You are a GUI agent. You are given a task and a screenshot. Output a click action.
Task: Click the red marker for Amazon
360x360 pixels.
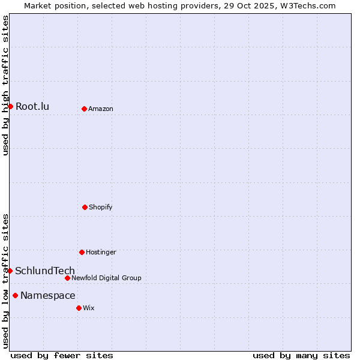[84, 109]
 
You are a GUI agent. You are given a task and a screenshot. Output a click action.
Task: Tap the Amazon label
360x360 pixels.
[101, 109]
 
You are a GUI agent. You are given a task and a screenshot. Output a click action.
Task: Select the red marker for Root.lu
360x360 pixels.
[10, 106]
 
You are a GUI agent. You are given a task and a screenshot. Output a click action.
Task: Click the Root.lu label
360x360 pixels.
[32, 107]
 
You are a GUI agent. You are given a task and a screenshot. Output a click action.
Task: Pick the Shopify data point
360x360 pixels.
[85, 207]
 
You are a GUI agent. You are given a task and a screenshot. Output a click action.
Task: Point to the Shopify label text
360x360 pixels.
[101, 208]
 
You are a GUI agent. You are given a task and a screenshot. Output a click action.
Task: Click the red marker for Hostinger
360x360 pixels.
[82, 252]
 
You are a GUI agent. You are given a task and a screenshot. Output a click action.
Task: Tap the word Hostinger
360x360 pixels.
[101, 253]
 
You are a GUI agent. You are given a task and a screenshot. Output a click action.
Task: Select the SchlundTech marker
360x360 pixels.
[10, 271]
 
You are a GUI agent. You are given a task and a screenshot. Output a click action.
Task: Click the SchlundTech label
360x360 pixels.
[45, 271]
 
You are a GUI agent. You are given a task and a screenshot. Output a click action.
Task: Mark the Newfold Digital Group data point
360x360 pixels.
[67, 278]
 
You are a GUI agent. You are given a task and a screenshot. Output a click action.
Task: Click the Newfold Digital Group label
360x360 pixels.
[106, 278]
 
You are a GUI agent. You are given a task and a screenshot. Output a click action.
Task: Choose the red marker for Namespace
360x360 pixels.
[15, 295]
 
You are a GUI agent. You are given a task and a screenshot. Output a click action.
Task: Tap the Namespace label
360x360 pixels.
[48, 296]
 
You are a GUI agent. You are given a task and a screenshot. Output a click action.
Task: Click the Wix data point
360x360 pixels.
[79, 308]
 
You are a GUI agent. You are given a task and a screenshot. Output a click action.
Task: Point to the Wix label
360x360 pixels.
[89, 308]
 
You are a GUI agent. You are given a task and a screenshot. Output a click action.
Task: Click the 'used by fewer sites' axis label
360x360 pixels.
[62, 355]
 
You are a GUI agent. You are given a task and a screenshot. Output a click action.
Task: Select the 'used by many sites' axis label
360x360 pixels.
[301, 355]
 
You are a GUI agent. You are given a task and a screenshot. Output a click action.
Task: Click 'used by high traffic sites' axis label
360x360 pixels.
[5, 85]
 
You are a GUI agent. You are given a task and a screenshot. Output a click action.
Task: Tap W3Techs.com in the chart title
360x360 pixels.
[305, 5]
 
